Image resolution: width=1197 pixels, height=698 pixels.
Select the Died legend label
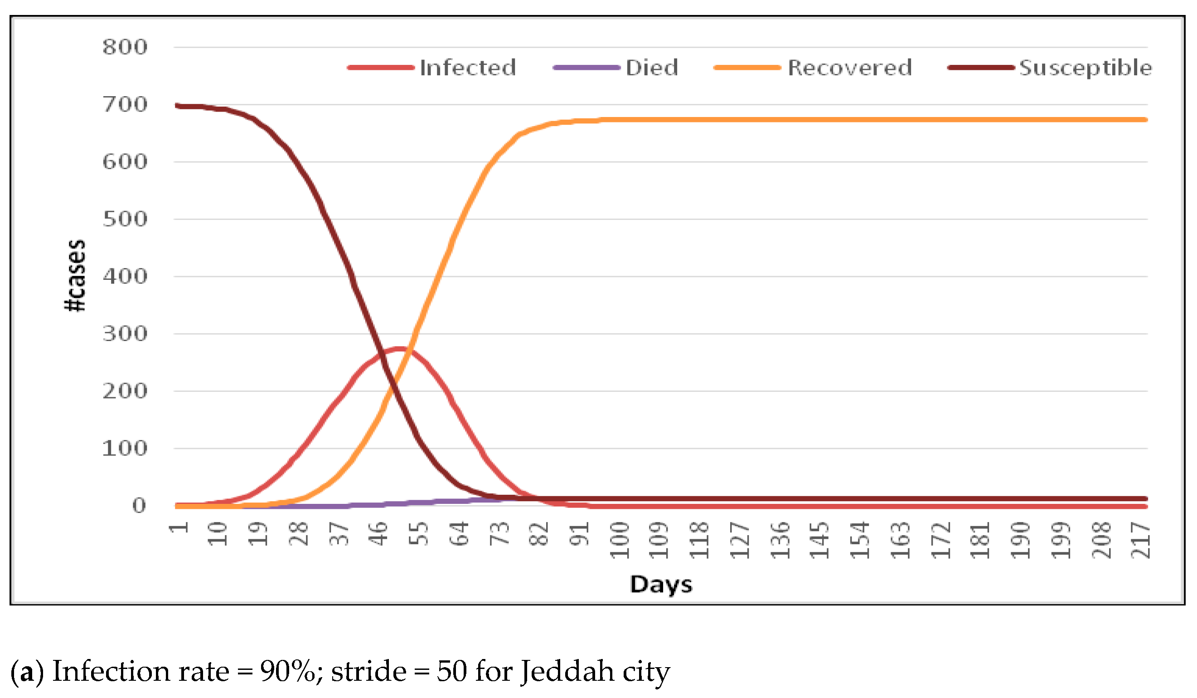coord(651,68)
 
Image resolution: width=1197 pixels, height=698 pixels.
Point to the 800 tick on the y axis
coord(125,47)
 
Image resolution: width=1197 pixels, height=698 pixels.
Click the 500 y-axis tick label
coord(125,219)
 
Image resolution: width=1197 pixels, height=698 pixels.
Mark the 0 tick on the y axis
coord(139,505)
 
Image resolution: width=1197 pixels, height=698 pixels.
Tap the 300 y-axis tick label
coord(125,334)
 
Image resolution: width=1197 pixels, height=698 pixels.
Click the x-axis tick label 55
coord(419,533)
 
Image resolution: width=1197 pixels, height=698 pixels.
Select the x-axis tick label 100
coord(620,540)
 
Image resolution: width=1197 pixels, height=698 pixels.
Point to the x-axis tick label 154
coord(860,540)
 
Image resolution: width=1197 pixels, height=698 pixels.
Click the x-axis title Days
coord(661,584)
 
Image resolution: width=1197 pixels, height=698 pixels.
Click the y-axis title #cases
coord(75,276)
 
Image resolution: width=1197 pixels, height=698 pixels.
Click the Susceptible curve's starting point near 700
coord(177,106)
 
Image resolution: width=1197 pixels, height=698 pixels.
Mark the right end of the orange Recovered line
coord(1145,120)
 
